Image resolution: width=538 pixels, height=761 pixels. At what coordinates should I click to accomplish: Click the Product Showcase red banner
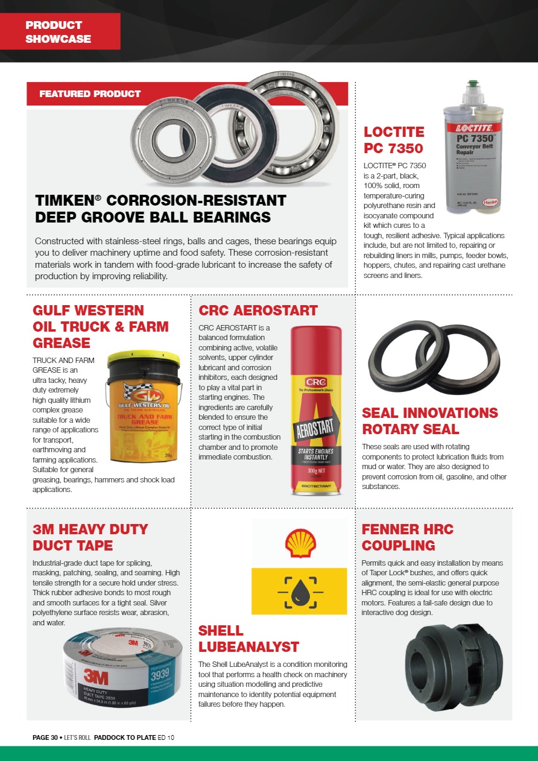click(60, 32)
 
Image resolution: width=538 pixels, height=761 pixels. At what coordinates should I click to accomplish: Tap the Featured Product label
click(90, 94)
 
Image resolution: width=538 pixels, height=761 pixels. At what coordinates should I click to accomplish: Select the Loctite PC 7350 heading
click(394, 140)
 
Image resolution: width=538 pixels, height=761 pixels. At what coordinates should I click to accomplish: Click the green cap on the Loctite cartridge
click(474, 86)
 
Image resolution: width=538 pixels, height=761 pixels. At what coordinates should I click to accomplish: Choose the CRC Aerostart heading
click(258, 311)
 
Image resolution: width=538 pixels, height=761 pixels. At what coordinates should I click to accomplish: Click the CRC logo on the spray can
click(316, 382)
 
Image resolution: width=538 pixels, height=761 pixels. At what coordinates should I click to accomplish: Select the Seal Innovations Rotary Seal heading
click(429, 421)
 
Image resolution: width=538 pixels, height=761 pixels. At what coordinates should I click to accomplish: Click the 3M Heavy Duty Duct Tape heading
click(90, 537)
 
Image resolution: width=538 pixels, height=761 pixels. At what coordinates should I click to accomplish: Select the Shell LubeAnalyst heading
click(248, 639)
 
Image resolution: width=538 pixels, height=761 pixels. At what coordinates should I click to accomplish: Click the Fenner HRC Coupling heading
click(407, 537)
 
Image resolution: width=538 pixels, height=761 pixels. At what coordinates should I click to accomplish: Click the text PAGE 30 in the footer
click(45, 737)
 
